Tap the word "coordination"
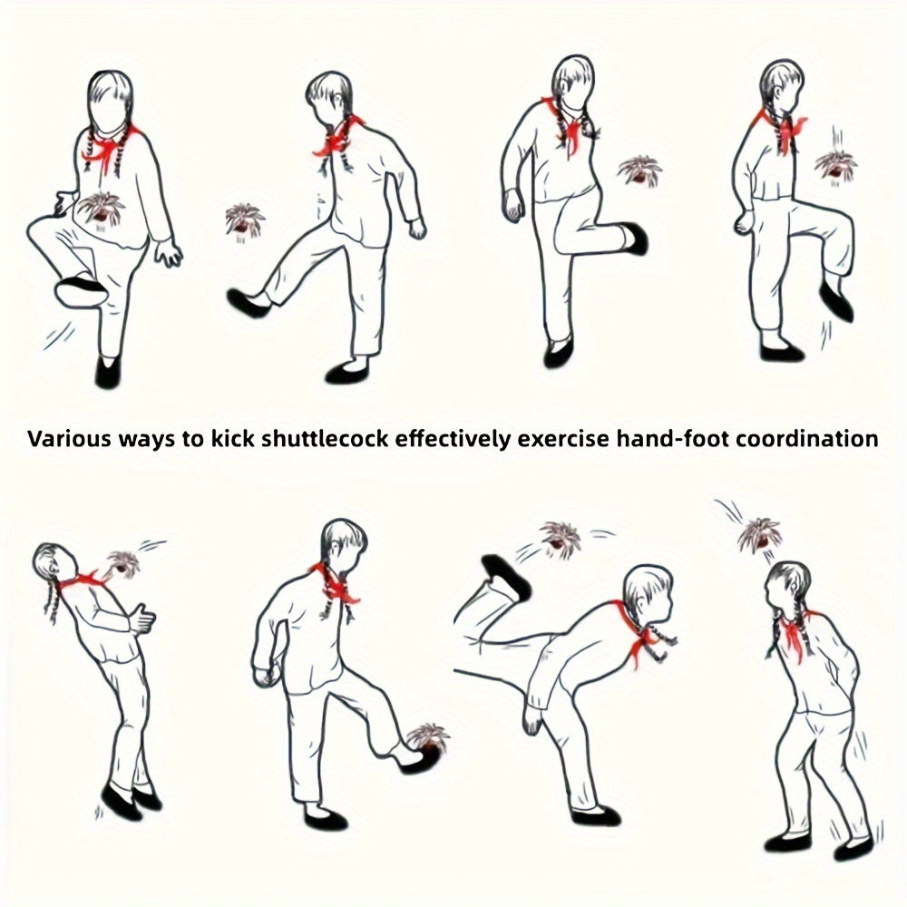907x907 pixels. pos(807,438)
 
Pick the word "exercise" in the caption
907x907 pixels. pos(563,438)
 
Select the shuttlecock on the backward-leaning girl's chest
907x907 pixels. pos(122,564)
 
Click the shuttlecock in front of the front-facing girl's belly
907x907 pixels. pos(102,209)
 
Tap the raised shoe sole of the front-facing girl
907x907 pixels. pos(81,292)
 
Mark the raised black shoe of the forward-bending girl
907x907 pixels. pos(504,575)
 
